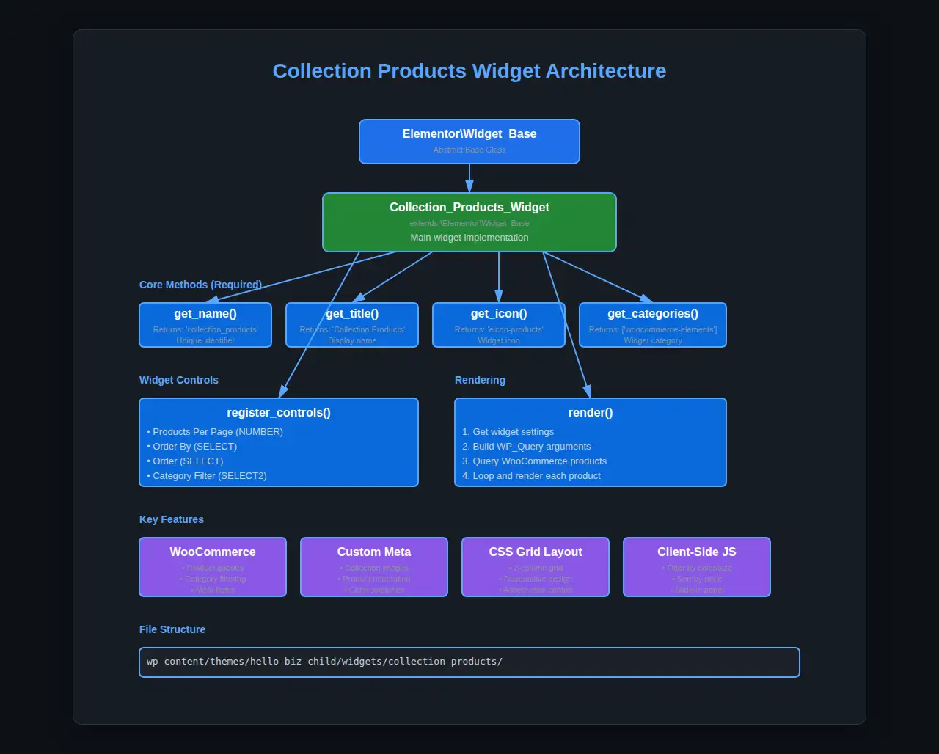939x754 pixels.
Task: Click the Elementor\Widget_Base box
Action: click(x=469, y=141)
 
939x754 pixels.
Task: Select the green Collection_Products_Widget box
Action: click(x=469, y=222)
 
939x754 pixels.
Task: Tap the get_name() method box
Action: click(x=205, y=324)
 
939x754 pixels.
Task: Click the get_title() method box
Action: click(x=352, y=324)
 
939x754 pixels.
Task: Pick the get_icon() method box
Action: click(x=499, y=324)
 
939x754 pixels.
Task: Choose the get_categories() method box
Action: click(x=653, y=324)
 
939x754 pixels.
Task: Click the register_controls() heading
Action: click(x=279, y=413)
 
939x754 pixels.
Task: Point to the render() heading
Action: click(x=591, y=413)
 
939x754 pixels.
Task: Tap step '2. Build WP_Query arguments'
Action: click(x=526, y=447)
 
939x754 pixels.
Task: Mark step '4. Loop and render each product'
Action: click(x=531, y=476)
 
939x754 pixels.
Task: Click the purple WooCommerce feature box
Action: click(x=213, y=566)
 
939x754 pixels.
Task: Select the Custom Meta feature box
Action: click(x=374, y=566)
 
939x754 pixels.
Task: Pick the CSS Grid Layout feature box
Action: click(x=536, y=566)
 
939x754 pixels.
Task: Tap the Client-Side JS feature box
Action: click(x=697, y=566)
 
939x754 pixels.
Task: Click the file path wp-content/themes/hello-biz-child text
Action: click(x=324, y=662)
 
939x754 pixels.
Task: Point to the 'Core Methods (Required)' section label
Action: click(x=200, y=285)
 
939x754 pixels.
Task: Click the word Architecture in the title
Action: click(x=605, y=71)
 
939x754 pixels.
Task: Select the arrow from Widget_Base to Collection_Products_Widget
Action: click(x=469, y=178)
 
